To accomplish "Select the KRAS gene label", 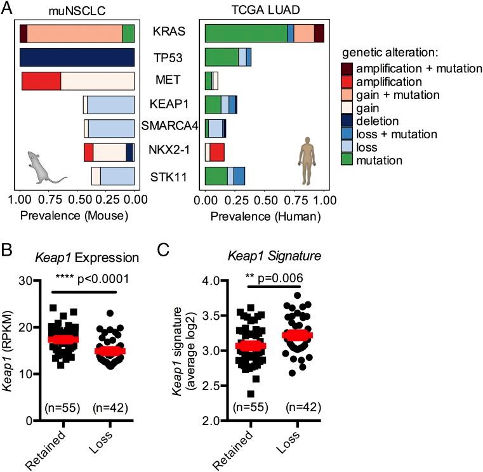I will coord(168,32).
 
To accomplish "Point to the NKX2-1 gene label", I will coord(168,152).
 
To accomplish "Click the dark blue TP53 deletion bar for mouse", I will coord(77,56).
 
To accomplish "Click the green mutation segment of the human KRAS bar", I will coord(246,33).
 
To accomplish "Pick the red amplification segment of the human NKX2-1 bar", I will coord(217,152).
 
